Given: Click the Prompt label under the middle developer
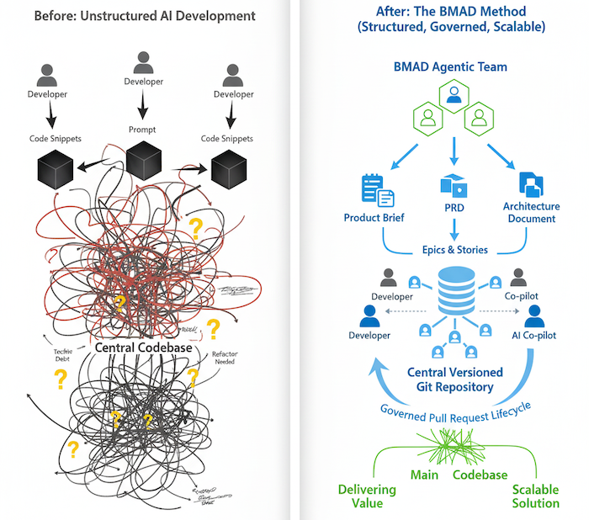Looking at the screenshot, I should [x=143, y=130].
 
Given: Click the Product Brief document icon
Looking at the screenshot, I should [x=375, y=190].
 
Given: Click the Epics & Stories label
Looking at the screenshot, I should [x=454, y=250].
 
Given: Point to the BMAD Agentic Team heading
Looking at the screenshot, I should [x=454, y=66].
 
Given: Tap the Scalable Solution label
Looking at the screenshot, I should [x=535, y=496].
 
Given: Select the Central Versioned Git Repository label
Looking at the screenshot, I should [x=454, y=380].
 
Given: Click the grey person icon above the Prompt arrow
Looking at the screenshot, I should [x=143, y=63].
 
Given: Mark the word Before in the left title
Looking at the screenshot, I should [x=56, y=14].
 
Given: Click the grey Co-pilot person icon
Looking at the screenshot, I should [x=518, y=278].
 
